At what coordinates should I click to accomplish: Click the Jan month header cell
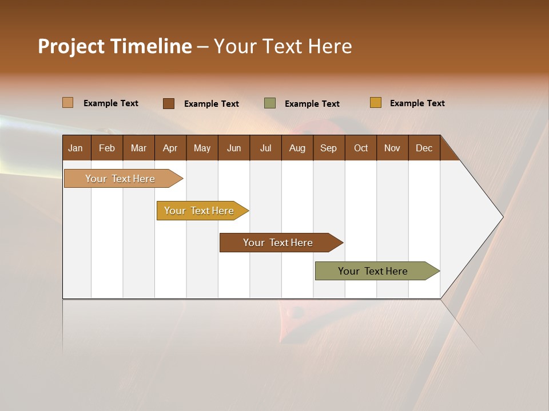pos(75,148)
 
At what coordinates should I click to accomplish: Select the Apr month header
pos(170,148)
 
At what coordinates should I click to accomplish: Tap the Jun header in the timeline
pos(234,148)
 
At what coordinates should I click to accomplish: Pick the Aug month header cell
pos(297,148)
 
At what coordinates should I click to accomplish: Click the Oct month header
pos(361,148)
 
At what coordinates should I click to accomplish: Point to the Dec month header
pos(424,148)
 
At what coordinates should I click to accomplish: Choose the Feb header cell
pos(107,148)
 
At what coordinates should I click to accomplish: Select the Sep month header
pos(329,148)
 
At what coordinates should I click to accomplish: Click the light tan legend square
pos(67,103)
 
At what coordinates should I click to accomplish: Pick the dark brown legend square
pos(168,103)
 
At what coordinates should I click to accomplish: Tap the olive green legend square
pos(270,103)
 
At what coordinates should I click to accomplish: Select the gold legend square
pos(375,103)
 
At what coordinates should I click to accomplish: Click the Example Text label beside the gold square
pos(417,103)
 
